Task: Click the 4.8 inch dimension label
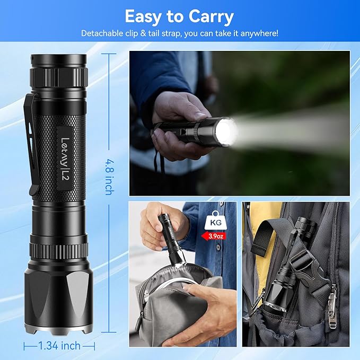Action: [108, 175]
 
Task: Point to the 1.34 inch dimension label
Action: [59, 346]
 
